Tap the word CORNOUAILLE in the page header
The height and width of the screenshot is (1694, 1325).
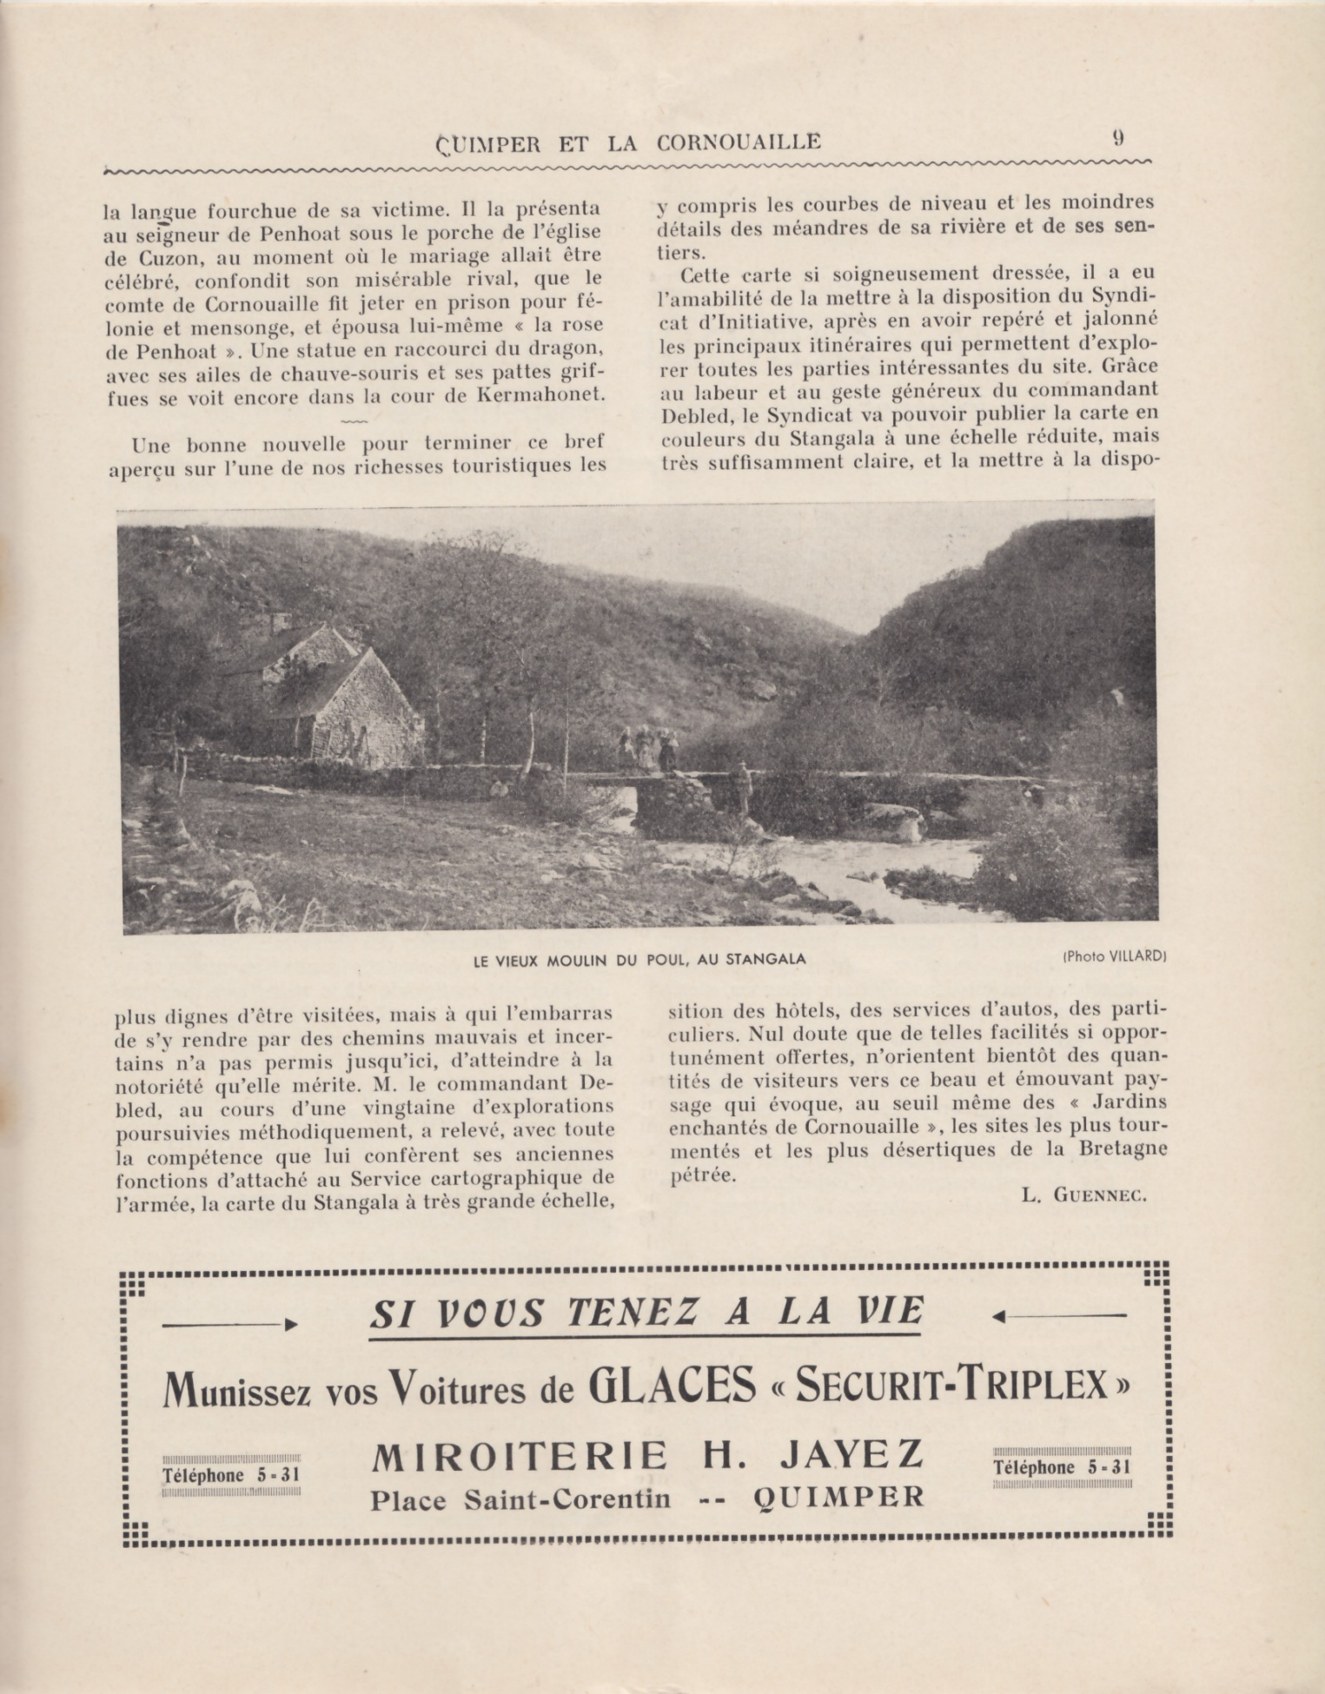(x=739, y=142)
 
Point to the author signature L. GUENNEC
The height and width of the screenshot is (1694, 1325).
(x=1084, y=1195)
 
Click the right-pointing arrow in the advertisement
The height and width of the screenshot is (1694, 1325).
(x=230, y=1325)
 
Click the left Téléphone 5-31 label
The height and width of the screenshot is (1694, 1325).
(x=231, y=1475)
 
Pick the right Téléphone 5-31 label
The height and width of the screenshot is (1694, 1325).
(x=1062, y=1467)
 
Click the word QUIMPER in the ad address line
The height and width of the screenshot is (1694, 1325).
(x=838, y=1498)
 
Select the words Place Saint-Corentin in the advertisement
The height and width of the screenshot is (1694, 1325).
(x=520, y=1499)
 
